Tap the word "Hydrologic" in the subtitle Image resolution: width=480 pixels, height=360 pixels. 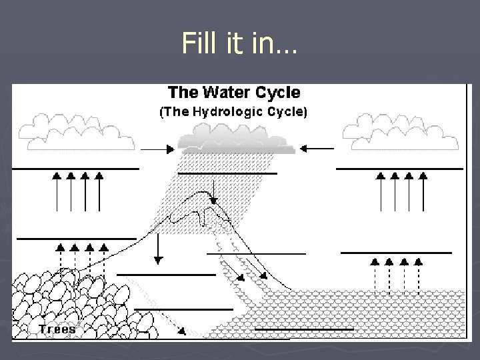click(x=228, y=112)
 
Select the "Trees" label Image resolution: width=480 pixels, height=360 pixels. click(x=57, y=329)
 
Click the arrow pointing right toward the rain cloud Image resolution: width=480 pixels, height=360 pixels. click(x=157, y=150)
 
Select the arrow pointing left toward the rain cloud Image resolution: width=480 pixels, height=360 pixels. click(x=317, y=148)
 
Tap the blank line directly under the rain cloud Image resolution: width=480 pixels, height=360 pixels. click(x=227, y=173)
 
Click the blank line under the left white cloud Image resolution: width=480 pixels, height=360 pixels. click(x=75, y=169)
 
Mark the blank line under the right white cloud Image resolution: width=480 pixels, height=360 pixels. click(x=399, y=169)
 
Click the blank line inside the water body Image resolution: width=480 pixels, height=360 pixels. click(x=304, y=329)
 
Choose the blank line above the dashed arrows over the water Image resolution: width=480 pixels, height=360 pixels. click(x=396, y=253)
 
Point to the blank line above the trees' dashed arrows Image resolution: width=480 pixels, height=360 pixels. click(x=76, y=238)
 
